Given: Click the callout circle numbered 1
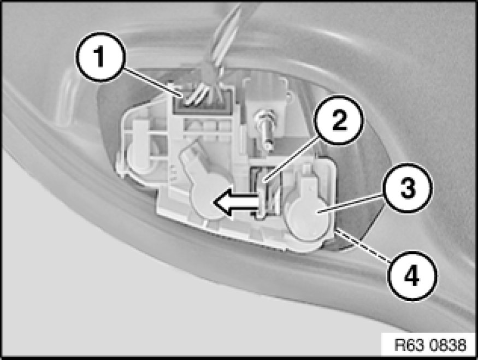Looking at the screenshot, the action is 100,57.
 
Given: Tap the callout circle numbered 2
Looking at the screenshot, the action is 340,120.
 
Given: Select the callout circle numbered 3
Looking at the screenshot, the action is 408,187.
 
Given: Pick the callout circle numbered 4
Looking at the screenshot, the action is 412,276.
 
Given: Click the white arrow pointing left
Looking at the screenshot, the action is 236,202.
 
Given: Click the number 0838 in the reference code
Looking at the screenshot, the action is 448,345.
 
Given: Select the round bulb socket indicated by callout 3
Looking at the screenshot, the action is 308,215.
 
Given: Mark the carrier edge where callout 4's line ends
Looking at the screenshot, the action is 335,231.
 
